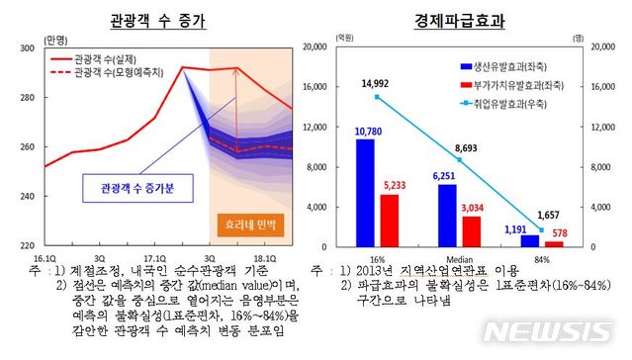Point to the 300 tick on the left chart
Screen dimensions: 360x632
click(28, 47)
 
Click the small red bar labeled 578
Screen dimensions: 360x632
click(555, 243)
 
